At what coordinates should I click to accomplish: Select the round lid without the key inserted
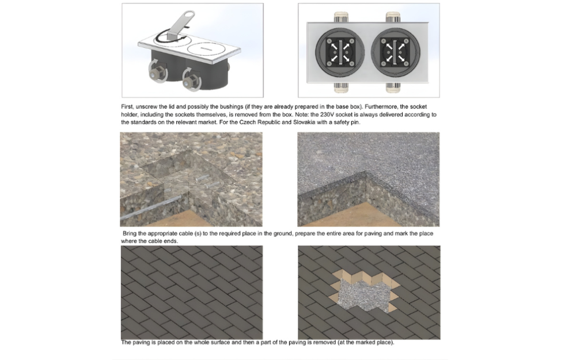tap(204, 49)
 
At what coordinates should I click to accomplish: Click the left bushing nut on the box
tap(157, 71)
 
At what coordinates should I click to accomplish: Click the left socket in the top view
tap(340, 52)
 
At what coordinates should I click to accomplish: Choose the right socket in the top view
tap(395, 52)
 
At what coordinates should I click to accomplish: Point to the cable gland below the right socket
tap(393, 88)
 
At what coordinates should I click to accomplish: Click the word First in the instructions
tap(127, 107)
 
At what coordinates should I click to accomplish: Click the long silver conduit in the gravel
tap(150, 207)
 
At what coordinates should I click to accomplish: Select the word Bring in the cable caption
tap(129, 234)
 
